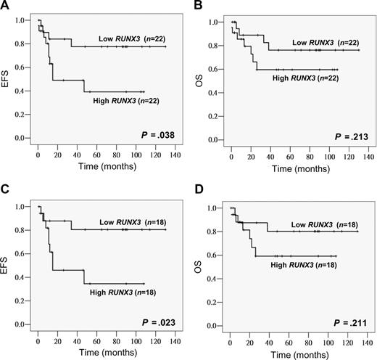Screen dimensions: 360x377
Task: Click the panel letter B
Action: [197, 7]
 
